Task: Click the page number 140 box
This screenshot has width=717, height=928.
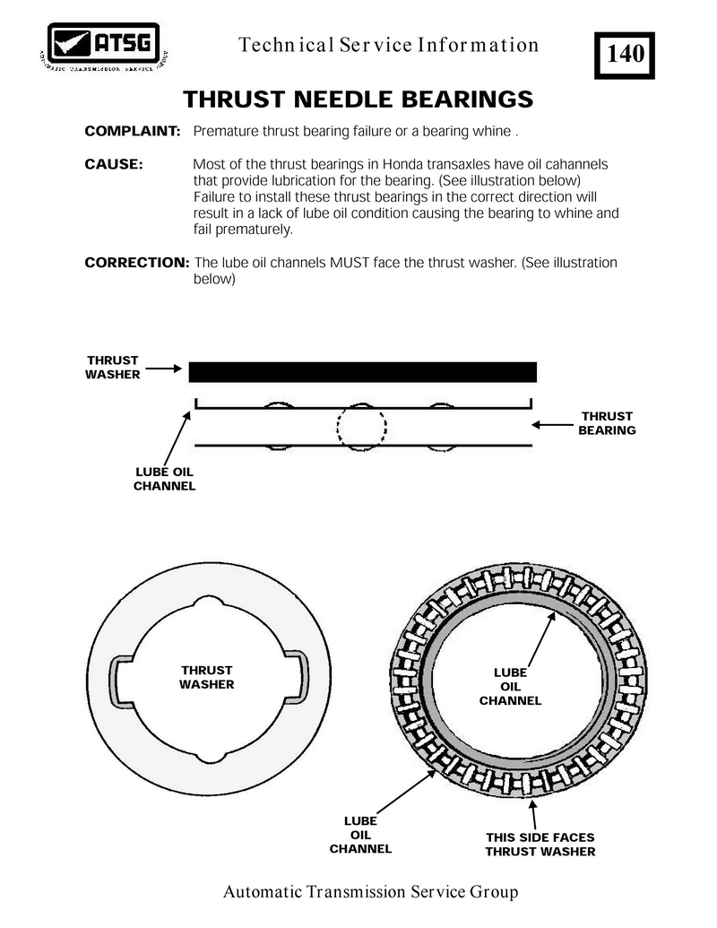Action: pos(625,54)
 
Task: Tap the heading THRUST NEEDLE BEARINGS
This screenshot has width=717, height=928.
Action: pos(358,98)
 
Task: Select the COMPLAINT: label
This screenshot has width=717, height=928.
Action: pos(133,132)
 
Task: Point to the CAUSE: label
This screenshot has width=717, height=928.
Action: pos(114,165)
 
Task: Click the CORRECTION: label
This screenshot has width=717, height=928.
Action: pos(136,263)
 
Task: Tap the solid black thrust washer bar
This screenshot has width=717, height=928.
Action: pos(362,372)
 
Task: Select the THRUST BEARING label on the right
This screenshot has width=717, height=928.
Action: pos(607,423)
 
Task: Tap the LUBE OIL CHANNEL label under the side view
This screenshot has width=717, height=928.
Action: pos(164,479)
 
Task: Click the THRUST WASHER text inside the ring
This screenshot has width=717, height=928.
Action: pos(206,677)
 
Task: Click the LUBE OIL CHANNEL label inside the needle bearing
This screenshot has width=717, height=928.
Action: pos(510,686)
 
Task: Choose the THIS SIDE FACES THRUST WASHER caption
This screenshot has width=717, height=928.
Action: pos(540,845)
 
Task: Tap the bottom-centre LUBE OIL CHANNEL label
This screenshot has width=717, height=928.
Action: pos(360,835)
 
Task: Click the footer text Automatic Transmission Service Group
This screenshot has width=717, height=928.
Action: pos(370,892)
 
